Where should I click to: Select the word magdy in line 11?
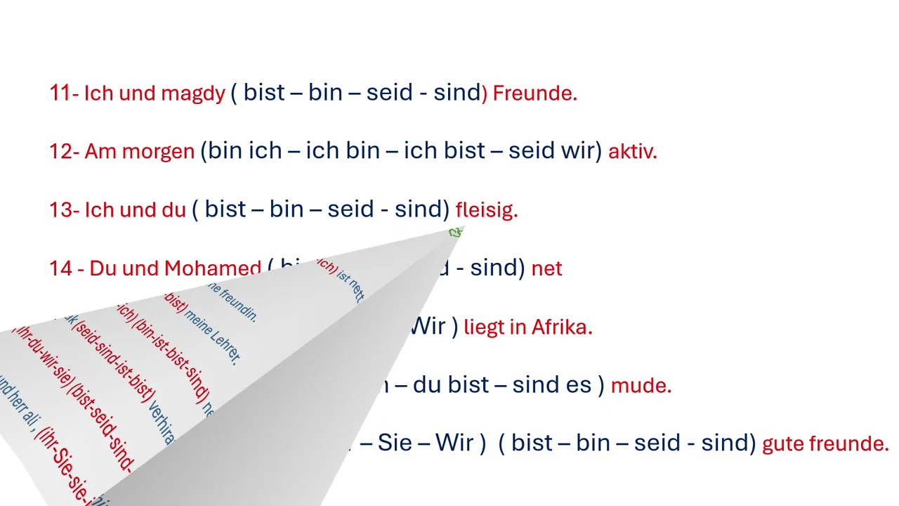[x=192, y=93]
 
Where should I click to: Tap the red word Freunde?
[x=534, y=93]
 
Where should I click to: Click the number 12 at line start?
[x=60, y=152]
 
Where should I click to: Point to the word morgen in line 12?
[x=158, y=152]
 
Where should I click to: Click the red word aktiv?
[x=632, y=152]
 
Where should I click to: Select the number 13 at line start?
[x=60, y=210]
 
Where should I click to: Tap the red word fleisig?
[x=486, y=210]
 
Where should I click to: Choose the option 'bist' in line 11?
[x=264, y=93]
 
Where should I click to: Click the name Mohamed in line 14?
[x=212, y=268]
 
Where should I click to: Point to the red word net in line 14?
[x=546, y=268]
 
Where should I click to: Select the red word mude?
[x=641, y=385]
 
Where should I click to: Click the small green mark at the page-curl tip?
[x=456, y=232]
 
